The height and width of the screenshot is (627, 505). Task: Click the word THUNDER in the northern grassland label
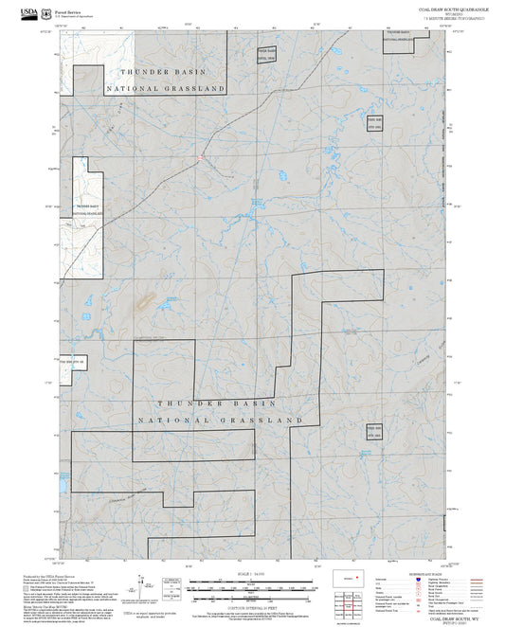pos(141,72)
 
